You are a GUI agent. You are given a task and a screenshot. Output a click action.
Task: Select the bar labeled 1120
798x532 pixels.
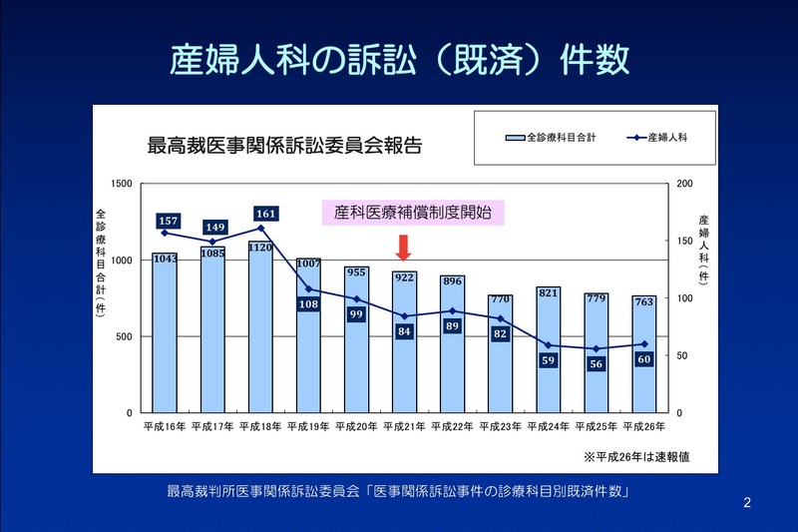260,329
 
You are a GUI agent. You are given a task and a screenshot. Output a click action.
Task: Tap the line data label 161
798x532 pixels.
264,214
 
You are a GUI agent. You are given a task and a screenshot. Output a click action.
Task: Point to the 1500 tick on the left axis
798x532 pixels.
122,184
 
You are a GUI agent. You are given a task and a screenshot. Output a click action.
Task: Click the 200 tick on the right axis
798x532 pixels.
681,184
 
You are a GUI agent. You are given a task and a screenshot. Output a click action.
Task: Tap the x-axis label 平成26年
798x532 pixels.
642,427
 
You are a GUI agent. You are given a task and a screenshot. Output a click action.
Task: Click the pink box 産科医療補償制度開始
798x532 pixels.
413,212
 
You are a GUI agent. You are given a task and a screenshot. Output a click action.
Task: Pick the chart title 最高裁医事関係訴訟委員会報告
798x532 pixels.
283,145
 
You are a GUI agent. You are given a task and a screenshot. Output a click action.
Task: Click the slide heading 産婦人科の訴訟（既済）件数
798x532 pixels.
399,58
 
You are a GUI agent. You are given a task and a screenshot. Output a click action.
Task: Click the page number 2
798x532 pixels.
748,501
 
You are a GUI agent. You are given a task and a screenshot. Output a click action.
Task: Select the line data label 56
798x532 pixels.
597,364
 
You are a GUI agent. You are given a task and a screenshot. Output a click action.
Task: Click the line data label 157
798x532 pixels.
168,221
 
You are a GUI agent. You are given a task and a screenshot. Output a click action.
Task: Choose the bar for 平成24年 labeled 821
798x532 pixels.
548,349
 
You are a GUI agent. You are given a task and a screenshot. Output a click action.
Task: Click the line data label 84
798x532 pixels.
403,331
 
